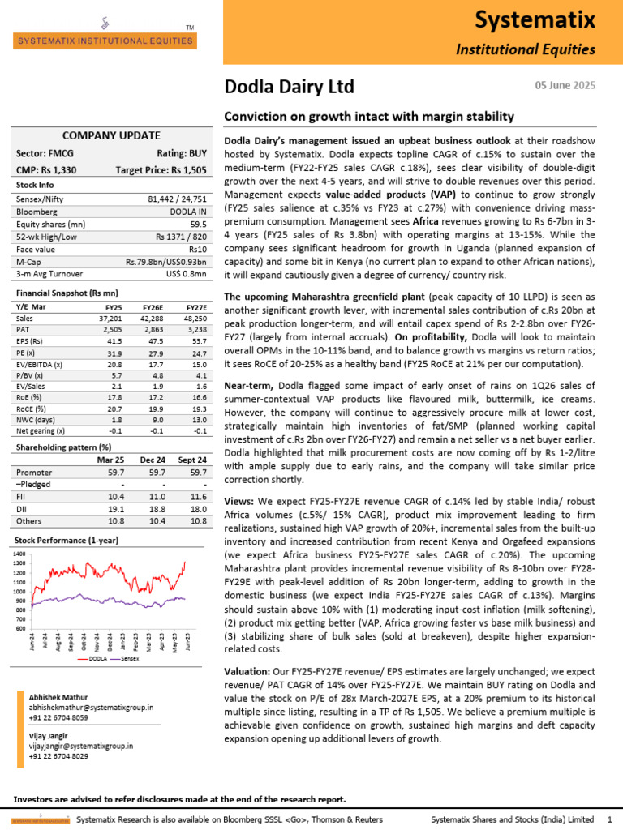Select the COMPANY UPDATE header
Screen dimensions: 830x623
(111, 135)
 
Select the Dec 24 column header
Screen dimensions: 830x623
(154, 459)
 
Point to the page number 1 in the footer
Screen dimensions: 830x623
(608, 821)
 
